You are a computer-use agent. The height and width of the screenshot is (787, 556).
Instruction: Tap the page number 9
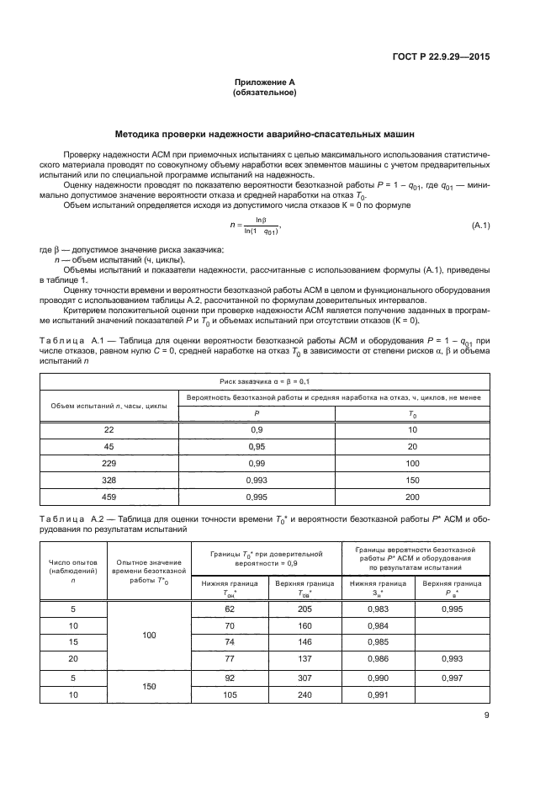[x=486, y=716]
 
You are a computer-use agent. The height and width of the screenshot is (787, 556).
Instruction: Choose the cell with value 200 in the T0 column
[x=412, y=497]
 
